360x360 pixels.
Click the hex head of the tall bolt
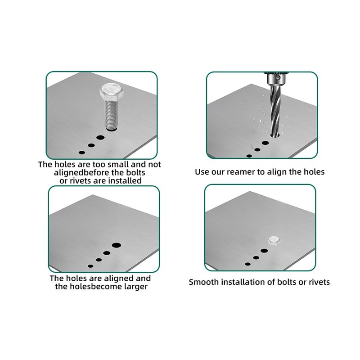pyautogui.click(x=112, y=92)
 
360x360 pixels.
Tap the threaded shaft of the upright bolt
pyautogui.click(x=112, y=115)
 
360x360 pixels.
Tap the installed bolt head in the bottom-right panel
pyautogui.click(x=274, y=241)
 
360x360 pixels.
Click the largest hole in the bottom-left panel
pyautogui.click(x=117, y=245)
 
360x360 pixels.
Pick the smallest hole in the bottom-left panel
pyautogui.click(x=91, y=266)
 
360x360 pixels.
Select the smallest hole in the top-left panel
pyautogui.click(x=82, y=153)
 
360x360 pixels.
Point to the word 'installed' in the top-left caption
pyautogui.click(x=125, y=181)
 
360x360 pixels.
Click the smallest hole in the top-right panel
pyautogui.click(x=249, y=156)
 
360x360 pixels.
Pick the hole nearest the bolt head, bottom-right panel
pyautogui.click(x=264, y=251)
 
